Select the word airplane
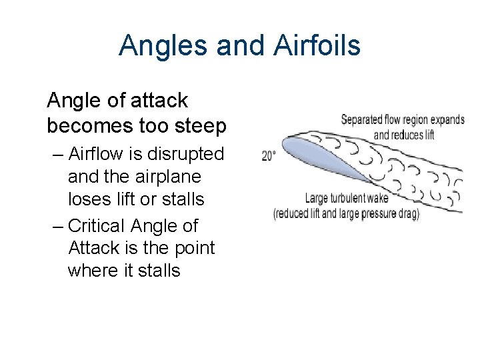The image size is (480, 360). tap(166, 177)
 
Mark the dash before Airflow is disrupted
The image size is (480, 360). tap(58, 155)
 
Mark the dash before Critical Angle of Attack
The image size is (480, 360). tap(58, 227)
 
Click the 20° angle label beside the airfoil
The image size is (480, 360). tap(269, 156)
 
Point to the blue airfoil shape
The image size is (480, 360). tap(320, 155)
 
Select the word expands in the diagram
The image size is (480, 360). tap(447, 121)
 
